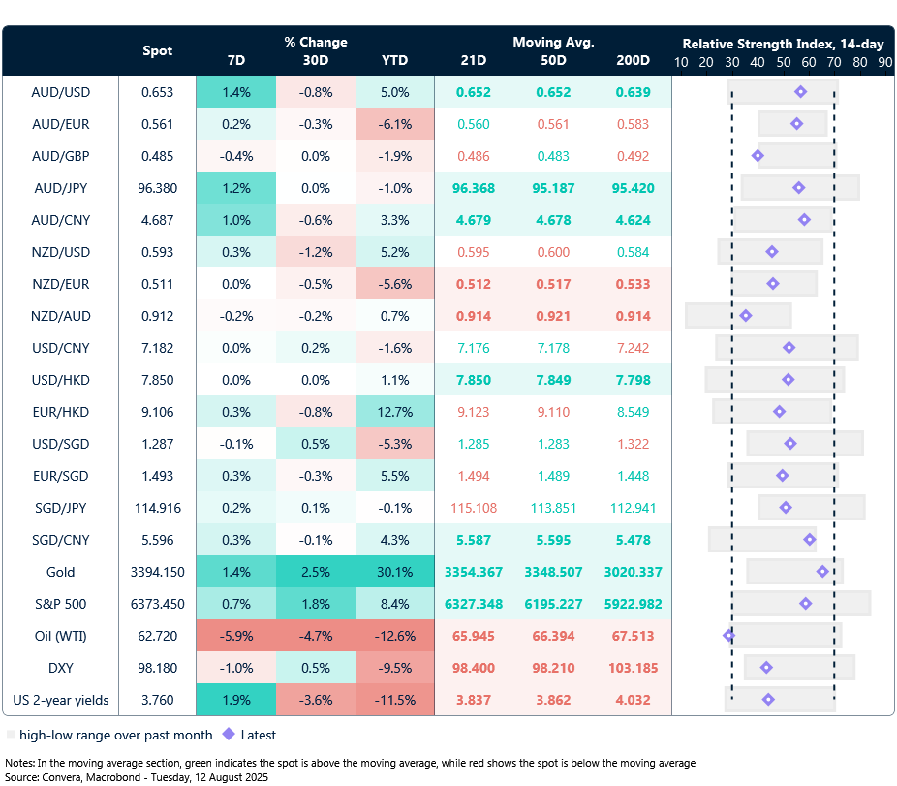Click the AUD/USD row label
(61, 92)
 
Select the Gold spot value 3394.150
(157, 572)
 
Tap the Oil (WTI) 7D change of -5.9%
(236, 636)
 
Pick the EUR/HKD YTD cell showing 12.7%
(394, 412)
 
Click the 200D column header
(633, 60)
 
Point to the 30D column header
(316, 60)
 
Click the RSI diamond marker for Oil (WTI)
(728, 636)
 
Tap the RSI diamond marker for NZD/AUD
(745, 316)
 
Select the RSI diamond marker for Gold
(822, 572)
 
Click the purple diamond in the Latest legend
(230, 735)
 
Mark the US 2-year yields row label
(61, 700)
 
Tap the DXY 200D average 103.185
(633, 668)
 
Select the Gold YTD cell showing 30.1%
(394, 572)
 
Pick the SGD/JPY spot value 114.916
(157, 508)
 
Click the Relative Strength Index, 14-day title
(783, 44)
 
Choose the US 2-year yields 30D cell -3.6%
(316, 700)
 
